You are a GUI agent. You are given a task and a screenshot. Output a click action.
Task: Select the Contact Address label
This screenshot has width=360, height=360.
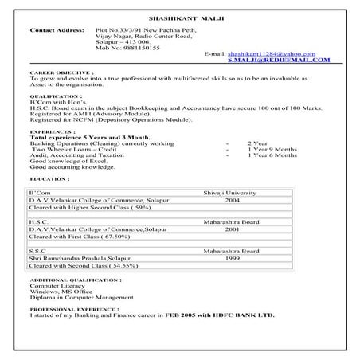57,30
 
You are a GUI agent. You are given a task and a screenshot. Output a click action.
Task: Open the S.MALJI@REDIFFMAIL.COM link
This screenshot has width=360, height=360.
279,60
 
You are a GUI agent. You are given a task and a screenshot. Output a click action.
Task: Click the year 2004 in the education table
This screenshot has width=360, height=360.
232,201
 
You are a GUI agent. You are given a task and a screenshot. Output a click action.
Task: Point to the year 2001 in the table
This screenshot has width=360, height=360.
232,229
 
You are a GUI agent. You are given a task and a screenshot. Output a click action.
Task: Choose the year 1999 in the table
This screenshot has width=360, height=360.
232,257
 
